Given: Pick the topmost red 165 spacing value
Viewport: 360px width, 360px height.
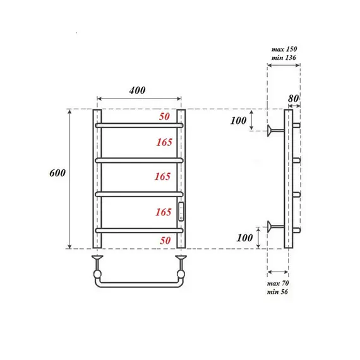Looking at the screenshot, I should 164,143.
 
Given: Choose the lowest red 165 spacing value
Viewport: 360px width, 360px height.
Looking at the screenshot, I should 164,212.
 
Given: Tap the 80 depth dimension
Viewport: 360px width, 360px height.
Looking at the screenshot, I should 292,98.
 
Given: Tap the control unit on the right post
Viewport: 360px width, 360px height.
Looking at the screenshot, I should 181,211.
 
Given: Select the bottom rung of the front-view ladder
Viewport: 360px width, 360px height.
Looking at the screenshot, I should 139,229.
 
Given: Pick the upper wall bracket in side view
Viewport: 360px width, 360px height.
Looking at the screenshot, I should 273,131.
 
